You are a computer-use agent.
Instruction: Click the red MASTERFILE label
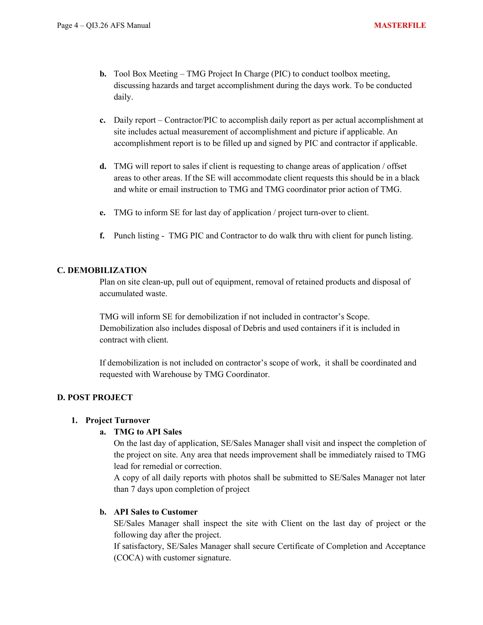pyautogui.click(x=400, y=26)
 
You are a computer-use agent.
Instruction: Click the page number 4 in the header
pyautogui.click(x=76, y=26)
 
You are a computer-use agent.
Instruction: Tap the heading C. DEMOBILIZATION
pyautogui.click(x=102, y=270)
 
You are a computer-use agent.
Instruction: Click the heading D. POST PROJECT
pyautogui.click(x=95, y=397)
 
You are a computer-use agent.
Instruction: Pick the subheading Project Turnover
pyautogui.click(x=117, y=420)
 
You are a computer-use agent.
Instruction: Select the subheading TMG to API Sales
pyautogui.click(x=148, y=432)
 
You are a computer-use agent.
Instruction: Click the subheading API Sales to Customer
pyautogui.click(x=156, y=512)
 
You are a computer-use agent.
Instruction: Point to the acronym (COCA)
pyautogui.click(x=128, y=558)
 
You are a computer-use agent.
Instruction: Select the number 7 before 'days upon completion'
pyautogui.click(x=133, y=489)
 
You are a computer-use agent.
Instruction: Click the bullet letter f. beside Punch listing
pyautogui.click(x=102, y=236)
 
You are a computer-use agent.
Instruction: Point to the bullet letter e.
pyautogui.click(x=103, y=213)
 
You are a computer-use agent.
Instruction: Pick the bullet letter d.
pyautogui.click(x=103, y=166)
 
